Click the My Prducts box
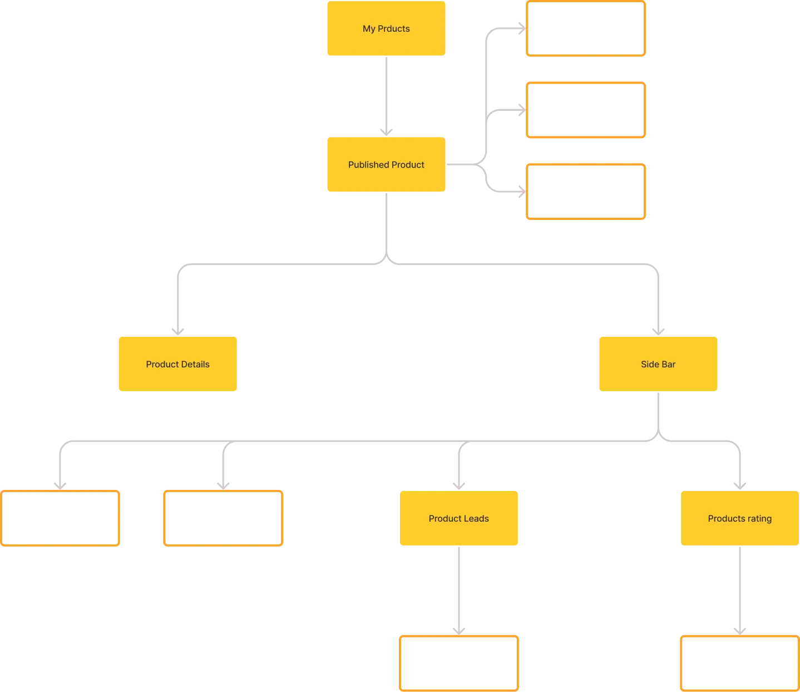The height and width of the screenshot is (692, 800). click(x=387, y=29)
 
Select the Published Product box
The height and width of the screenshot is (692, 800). click(x=387, y=165)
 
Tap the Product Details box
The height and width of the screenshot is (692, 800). click(x=178, y=364)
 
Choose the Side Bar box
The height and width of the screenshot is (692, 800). click(x=658, y=364)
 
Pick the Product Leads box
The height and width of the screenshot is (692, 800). click(x=458, y=518)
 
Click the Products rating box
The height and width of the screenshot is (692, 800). click(x=740, y=518)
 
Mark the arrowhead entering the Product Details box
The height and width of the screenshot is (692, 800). click(x=178, y=329)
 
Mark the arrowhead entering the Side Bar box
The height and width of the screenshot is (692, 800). click(x=658, y=329)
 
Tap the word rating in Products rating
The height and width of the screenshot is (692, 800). click(x=759, y=518)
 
